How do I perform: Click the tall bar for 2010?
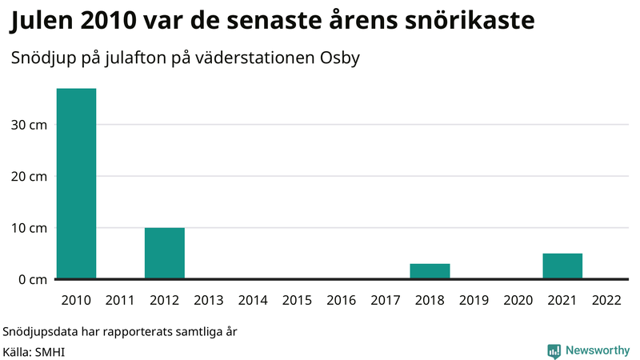pyautogui.click(x=76, y=184)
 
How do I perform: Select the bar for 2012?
pyautogui.click(x=165, y=254)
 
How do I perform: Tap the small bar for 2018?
pyautogui.click(x=430, y=271)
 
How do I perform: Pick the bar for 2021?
pyautogui.click(x=562, y=266)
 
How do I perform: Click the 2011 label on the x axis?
pyautogui.click(x=120, y=301)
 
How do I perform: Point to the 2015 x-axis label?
pyautogui.click(x=297, y=301)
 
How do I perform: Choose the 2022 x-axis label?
pyautogui.click(x=606, y=301)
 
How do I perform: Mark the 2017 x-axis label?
pyautogui.click(x=386, y=301)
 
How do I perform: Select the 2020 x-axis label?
pyautogui.click(x=518, y=301)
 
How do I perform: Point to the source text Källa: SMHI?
pyautogui.click(x=33, y=350)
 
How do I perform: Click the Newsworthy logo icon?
pyautogui.click(x=554, y=350)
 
